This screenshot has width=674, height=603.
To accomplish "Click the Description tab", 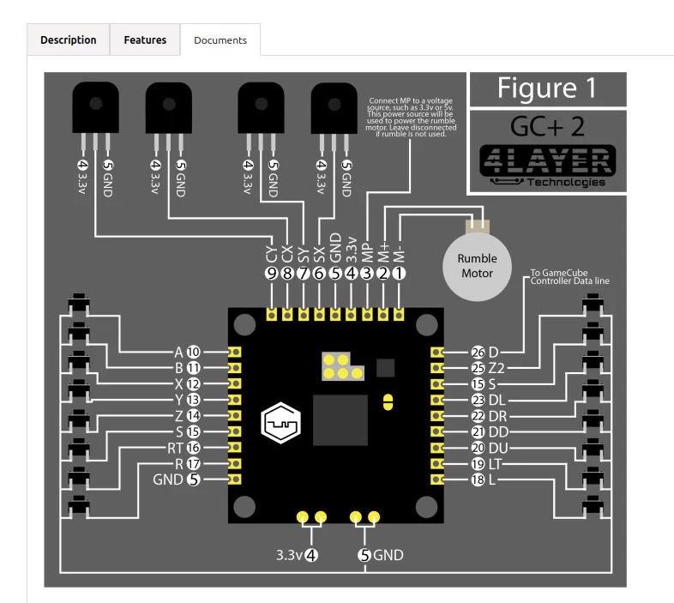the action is pos(69,39).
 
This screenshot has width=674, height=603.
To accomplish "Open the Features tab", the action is pos(145,39).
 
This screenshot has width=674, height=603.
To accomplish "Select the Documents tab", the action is pos(220,40).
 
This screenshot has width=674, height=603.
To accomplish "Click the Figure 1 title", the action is pos(547,88).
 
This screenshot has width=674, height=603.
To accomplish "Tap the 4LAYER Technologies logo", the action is pos(548,166).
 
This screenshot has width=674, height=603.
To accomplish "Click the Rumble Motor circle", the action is pos(477,266).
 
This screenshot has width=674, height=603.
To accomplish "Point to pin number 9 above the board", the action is pos(271,273).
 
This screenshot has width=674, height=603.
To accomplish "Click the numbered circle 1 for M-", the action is pos(399,273).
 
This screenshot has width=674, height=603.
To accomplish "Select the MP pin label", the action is pos(367,252).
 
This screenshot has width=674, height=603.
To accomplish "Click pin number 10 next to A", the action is pos(194,352).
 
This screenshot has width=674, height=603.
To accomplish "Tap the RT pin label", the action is pos(176,448).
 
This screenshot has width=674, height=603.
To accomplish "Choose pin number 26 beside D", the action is pos(478,353).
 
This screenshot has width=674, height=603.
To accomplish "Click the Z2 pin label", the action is pos(496,368).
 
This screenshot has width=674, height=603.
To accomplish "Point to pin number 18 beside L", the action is pos(478,479).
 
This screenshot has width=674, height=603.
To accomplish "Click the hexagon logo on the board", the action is pos(280,423).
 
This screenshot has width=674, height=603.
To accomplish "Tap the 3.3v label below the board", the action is pos(289,555).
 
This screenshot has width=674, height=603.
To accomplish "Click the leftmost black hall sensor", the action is pos(95,107).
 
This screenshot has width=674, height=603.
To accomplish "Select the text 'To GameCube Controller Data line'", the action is pos(570,276).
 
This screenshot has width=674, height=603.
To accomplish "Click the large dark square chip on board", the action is pos(340,419).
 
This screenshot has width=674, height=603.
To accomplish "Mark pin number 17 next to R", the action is pos(194,464).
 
